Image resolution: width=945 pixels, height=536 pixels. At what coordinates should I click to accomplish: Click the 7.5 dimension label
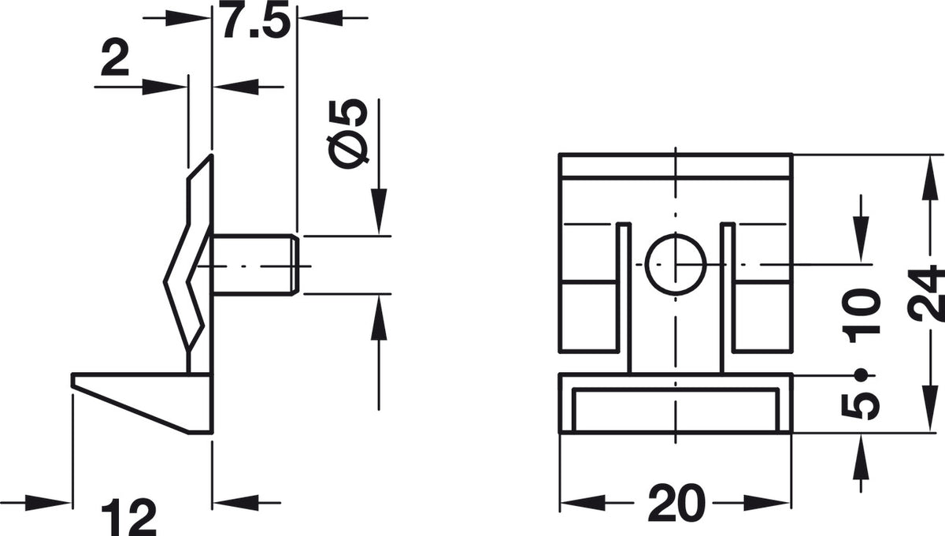[x=255, y=20]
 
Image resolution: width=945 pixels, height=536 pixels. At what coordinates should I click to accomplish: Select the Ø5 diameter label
[x=347, y=134]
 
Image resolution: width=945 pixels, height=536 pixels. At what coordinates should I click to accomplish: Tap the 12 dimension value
[x=128, y=518]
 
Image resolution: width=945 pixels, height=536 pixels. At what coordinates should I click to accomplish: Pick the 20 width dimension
[x=676, y=503]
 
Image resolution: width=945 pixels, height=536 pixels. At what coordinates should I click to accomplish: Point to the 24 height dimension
[x=925, y=294]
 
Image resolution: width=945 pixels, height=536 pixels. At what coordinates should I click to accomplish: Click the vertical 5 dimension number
[x=861, y=405]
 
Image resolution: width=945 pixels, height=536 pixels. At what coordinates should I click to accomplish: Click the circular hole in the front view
[x=676, y=264]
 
